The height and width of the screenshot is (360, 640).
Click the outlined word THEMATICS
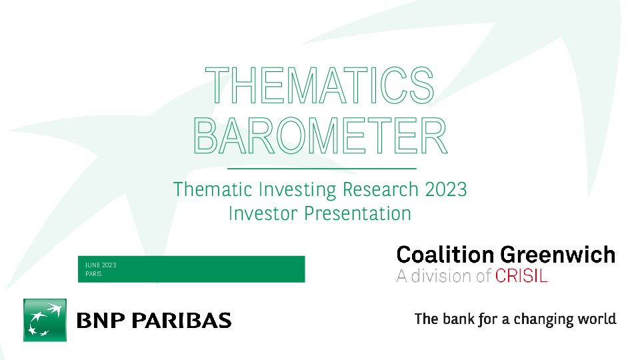(x=319, y=85)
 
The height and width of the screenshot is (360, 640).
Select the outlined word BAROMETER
(x=321, y=135)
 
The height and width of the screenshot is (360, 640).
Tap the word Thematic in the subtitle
(x=213, y=189)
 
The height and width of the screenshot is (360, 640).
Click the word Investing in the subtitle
(x=297, y=190)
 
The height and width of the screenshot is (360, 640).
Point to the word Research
(x=381, y=189)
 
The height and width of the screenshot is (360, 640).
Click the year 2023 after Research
(x=446, y=189)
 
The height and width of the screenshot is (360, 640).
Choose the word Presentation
(x=357, y=213)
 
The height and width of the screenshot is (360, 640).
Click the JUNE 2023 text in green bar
(x=101, y=265)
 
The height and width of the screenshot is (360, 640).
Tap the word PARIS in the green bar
(x=93, y=274)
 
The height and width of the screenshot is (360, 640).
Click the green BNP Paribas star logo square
(x=45, y=320)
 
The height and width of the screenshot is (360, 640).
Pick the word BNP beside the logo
(x=101, y=321)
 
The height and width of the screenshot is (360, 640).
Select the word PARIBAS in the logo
(x=181, y=321)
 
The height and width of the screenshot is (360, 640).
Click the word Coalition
(x=445, y=255)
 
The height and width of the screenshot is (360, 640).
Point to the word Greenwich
(x=558, y=255)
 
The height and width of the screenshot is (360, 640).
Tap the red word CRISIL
(x=521, y=276)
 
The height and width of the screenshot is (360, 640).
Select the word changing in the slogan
(x=543, y=319)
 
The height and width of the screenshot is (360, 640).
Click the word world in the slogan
(x=597, y=319)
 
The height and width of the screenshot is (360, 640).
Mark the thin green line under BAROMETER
(x=321, y=168)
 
